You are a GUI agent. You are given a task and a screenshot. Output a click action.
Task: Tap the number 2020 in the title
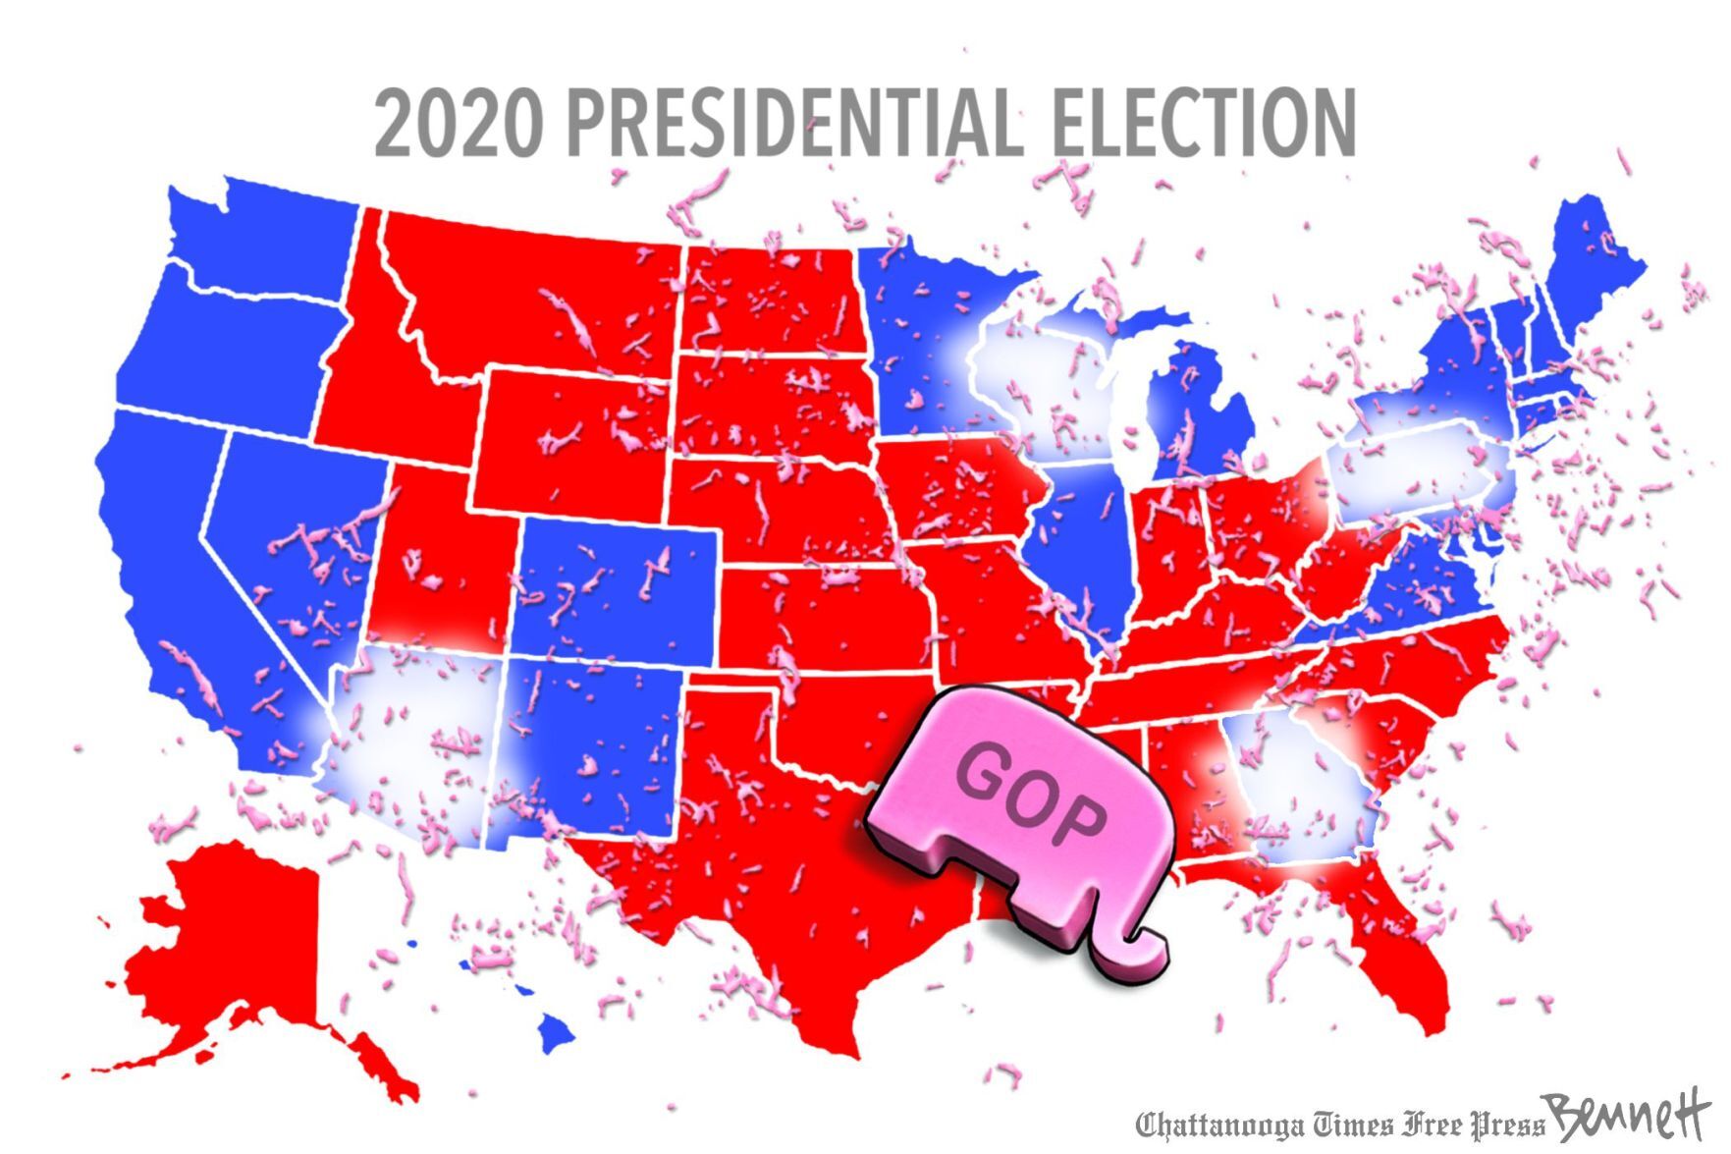458,123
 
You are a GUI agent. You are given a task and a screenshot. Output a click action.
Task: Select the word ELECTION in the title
1204,123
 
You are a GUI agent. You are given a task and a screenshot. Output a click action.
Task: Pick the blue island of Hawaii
556,1030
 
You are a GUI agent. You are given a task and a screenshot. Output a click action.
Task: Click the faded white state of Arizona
412,737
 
